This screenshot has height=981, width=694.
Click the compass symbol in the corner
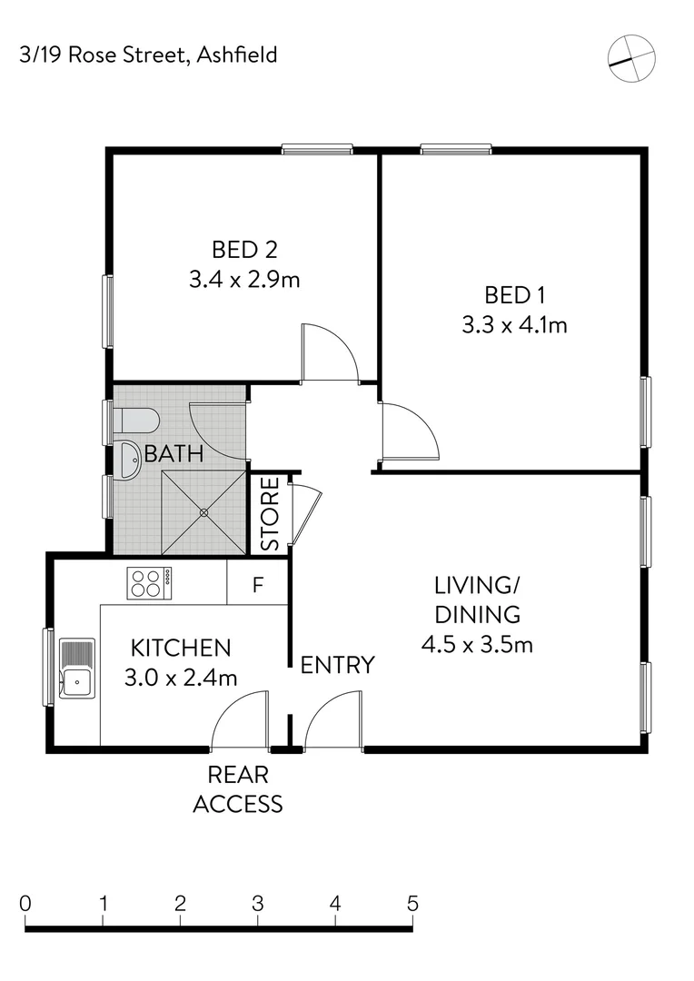[x=631, y=58]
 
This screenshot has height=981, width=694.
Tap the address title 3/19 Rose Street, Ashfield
[x=148, y=55]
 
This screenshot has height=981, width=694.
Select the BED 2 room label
[x=243, y=248]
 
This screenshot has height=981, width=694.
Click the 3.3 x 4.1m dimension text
[x=514, y=325]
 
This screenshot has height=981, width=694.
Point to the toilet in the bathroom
[x=137, y=421]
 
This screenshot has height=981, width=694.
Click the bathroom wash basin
[x=130, y=459]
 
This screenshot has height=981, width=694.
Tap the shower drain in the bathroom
[x=203, y=512]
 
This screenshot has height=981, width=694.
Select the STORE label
[x=271, y=514]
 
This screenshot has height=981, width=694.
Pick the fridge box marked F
[x=257, y=584]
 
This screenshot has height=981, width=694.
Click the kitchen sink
[x=76, y=669]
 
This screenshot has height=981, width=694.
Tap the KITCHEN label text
[x=181, y=648]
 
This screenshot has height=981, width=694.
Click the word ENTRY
[x=337, y=665]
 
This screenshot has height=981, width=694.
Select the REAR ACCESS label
[x=238, y=789]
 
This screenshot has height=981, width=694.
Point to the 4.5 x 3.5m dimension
[x=476, y=645]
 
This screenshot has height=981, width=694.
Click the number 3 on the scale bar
[x=258, y=904]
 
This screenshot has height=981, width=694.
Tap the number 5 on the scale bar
[x=412, y=904]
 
